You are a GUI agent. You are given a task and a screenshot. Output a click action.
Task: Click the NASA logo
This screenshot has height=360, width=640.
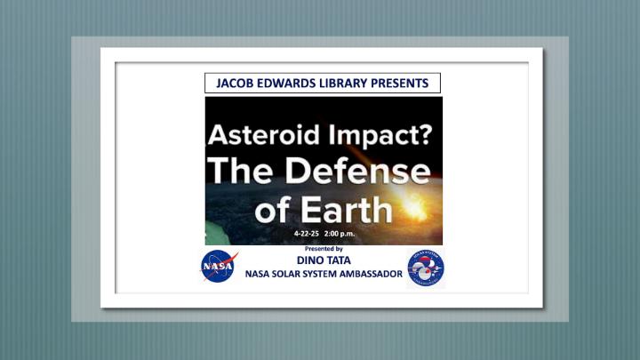click(x=219, y=266)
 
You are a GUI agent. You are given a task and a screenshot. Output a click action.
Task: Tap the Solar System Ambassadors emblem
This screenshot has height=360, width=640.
click(x=425, y=268)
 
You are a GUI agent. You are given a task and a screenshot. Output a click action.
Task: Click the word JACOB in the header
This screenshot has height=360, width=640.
click(x=230, y=84)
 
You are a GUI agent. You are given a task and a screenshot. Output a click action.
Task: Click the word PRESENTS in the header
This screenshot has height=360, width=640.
click(x=400, y=84)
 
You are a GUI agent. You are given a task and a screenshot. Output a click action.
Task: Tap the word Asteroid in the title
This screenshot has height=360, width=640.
click(x=264, y=134)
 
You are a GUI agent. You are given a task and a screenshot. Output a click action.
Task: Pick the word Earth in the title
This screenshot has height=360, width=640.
click(x=346, y=210)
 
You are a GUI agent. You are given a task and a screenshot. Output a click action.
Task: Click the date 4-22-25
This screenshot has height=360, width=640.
click(x=306, y=234)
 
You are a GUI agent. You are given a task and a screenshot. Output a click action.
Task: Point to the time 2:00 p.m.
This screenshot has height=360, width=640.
click(x=340, y=234)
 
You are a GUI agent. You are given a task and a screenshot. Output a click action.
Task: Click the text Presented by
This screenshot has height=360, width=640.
click(x=324, y=249)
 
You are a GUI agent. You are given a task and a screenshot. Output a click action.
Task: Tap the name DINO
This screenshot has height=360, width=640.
click(x=308, y=260)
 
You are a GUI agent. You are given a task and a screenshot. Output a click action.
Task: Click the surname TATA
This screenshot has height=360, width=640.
click(x=336, y=260)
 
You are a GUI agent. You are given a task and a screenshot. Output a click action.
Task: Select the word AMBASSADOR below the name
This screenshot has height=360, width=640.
click(x=371, y=274)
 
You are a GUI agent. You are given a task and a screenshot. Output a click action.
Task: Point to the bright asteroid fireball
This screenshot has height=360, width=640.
click(x=414, y=207)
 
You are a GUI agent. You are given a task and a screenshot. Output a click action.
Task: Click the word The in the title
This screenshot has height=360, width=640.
click(x=240, y=170)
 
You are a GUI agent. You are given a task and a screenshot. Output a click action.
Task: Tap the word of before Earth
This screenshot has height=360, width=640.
click(x=273, y=210)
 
